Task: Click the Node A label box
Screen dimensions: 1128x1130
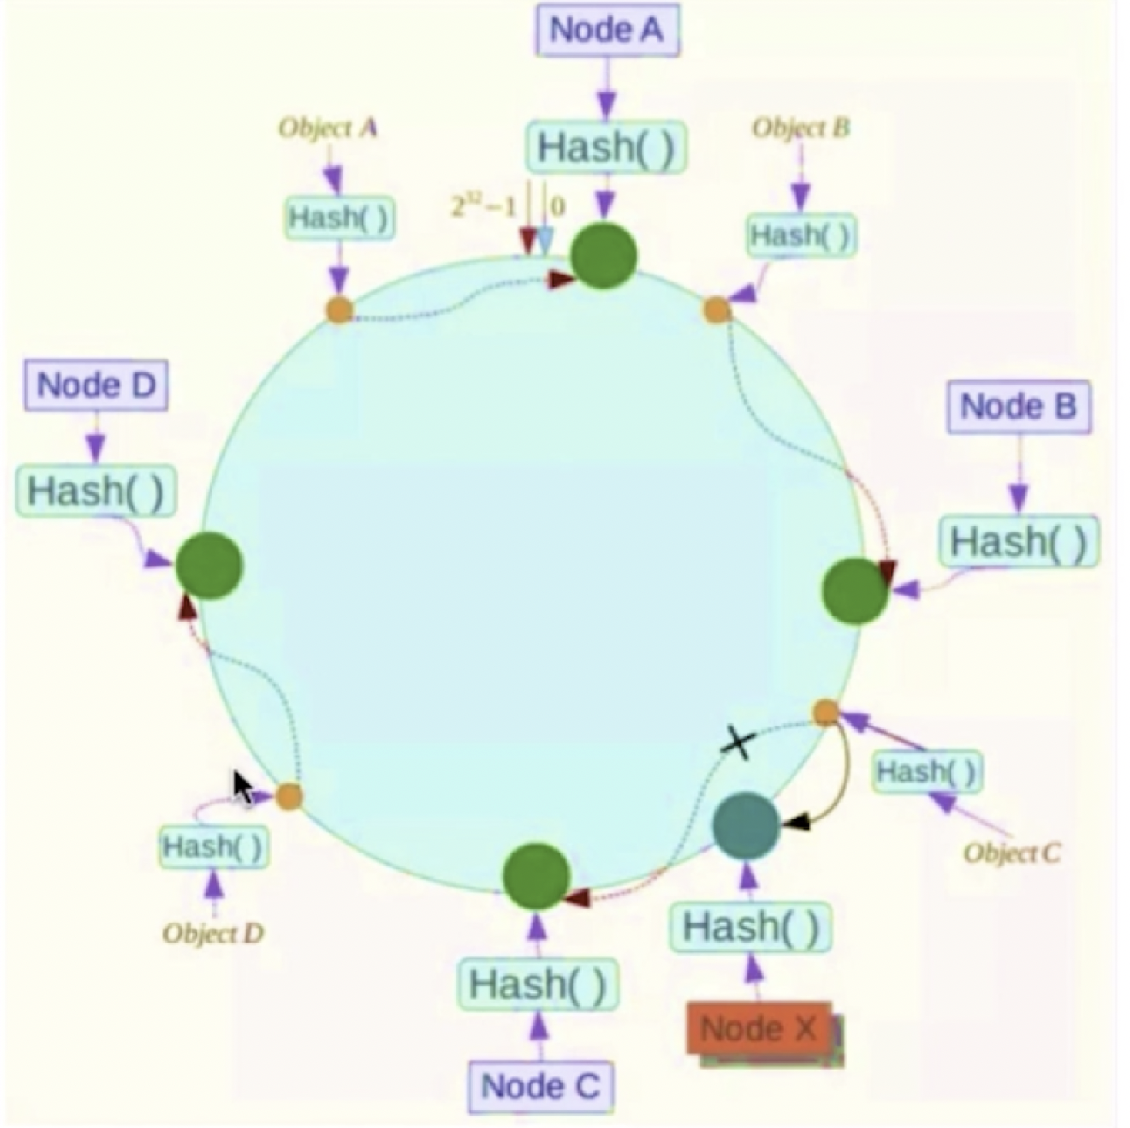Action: click(x=607, y=31)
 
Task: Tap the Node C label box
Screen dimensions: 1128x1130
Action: click(x=540, y=1086)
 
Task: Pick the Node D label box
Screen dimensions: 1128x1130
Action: click(x=96, y=385)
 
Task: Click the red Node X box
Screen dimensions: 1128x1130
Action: click(x=759, y=1029)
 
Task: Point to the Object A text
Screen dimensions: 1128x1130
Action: click(x=328, y=128)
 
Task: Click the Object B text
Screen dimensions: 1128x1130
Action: click(x=801, y=128)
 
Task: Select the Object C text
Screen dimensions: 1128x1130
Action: click(x=1011, y=853)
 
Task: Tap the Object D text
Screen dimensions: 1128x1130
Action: click(x=213, y=933)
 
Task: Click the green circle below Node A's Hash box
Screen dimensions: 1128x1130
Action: click(x=604, y=256)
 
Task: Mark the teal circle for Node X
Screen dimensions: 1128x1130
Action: click(x=746, y=826)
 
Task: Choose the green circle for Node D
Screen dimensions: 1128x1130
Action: click(x=209, y=566)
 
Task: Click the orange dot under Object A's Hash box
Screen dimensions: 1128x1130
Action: click(x=339, y=310)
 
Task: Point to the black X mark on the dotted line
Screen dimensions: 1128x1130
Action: click(x=738, y=743)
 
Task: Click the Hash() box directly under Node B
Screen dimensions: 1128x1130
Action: click(x=1018, y=542)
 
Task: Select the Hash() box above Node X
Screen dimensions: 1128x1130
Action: click(x=751, y=926)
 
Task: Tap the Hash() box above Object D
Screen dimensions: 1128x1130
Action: click(x=213, y=847)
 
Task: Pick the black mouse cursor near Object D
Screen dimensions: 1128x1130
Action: click(x=244, y=789)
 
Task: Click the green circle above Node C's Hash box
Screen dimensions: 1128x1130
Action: click(x=536, y=876)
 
